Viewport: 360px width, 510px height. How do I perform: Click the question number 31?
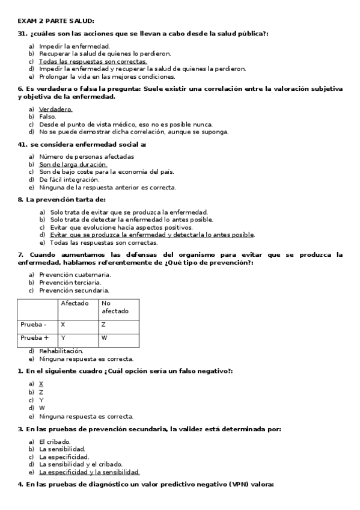[22, 34]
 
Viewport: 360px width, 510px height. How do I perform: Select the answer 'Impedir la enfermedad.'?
[74, 46]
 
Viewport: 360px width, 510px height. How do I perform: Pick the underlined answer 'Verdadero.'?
[55, 109]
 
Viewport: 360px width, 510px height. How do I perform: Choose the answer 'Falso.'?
[47, 117]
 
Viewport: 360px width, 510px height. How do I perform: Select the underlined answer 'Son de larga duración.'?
[73, 164]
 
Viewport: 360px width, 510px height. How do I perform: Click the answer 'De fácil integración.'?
[69, 179]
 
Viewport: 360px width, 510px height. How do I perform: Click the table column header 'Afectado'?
[75, 304]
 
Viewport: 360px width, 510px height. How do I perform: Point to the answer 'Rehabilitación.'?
[61, 351]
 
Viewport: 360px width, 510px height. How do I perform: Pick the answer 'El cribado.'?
[55, 441]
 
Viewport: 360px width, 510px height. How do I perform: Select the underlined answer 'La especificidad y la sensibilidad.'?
[89, 472]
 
